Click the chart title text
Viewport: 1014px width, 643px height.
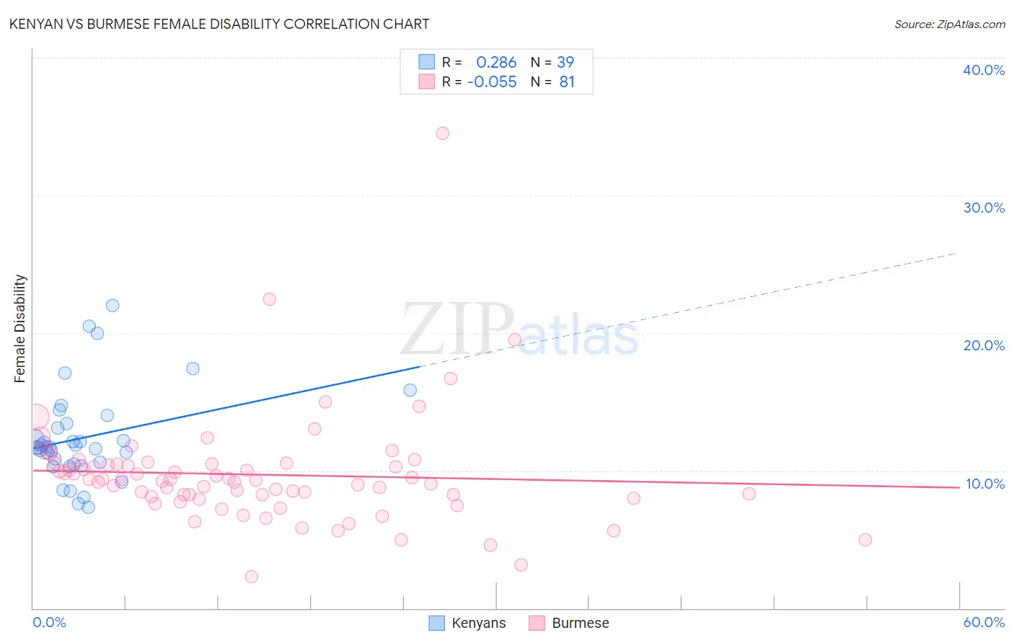click(x=219, y=25)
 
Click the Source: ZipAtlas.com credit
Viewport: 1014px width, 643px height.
click(x=949, y=25)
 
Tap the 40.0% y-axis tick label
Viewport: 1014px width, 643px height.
click(x=983, y=70)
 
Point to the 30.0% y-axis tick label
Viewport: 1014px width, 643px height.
click(x=983, y=208)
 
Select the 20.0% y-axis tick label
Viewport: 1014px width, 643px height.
click(x=983, y=345)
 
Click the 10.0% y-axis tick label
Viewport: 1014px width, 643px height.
click(x=984, y=484)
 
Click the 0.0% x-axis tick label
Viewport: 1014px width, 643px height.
click(x=49, y=622)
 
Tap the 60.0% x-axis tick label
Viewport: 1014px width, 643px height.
click(x=984, y=622)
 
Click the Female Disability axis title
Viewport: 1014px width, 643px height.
click(x=20, y=329)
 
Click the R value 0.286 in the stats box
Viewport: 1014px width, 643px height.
click(x=496, y=63)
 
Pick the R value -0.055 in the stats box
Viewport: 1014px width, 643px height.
click(x=492, y=82)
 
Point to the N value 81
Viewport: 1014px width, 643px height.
click(x=567, y=82)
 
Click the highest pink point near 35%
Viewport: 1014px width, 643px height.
click(x=442, y=133)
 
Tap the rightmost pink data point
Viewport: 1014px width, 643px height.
click(x=865, y=540)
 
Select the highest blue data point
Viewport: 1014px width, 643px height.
click(x=113, y=306)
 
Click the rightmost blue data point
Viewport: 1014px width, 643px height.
click(x=410, y=390)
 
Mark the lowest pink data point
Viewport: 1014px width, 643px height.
click(x=251, y=577)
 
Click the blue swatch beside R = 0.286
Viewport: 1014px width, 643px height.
click(x=427, y=63)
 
